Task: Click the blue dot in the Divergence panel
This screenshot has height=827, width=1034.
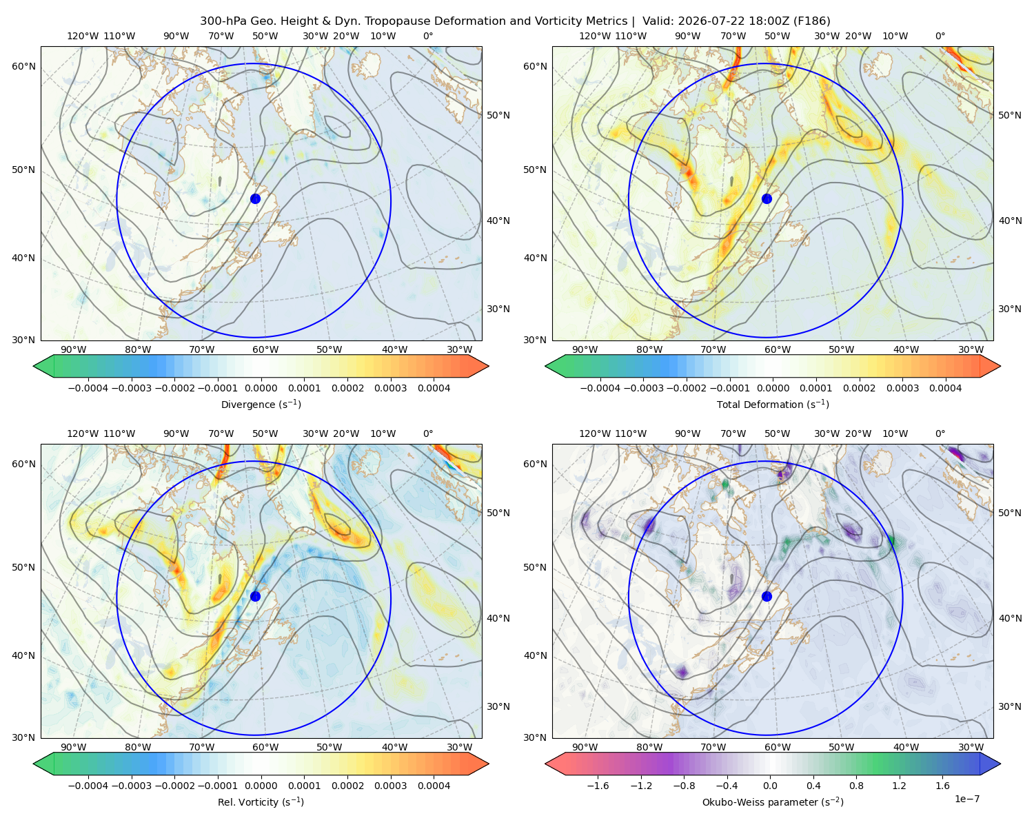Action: pyautogui.click(x=255, y=198)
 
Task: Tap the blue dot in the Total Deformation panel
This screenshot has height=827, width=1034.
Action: pyautogui.click(x=767, y=198)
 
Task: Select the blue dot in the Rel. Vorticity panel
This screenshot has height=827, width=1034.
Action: pyautogui.click(x=255, y=596)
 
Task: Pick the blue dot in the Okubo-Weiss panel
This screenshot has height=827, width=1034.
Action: pyautogui.click(x=767, y=596)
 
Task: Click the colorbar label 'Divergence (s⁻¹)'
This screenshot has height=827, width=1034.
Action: pyautogui.click(x=261, y=404)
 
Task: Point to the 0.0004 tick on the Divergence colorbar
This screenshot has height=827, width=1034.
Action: pyautogui.click(x=434, y=388)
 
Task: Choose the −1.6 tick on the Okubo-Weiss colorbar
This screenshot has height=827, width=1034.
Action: pyautogui.click(x=598, y=786)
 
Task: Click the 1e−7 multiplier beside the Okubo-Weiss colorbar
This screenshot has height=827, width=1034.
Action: pyautogui.click(x=966, y=799)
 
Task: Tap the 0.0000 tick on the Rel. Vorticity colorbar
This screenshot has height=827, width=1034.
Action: pyautogui.click(x=261, y=786)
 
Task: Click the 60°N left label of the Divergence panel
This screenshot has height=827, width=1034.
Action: pyautogui.click(x=23, y=66)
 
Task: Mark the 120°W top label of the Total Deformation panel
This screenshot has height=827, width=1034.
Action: pyautogui.click(x=594, y=36)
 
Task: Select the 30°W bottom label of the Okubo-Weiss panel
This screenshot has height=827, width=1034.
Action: pyautogui.click(x=971, y=747)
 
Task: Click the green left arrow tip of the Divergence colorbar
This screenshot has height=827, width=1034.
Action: pyautogui.click(x=34, y=366)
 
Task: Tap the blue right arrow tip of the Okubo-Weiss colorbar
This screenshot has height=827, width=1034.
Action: pyautogui.click(x=1000, y=764)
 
